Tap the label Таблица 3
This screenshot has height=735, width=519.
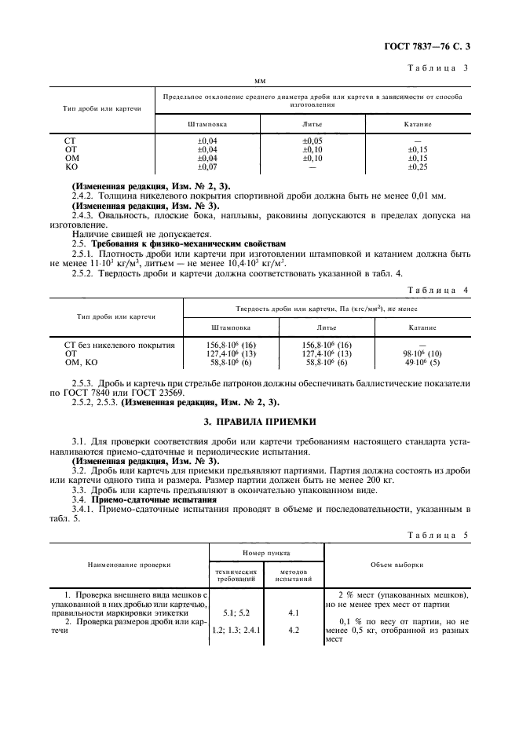pos(439,68)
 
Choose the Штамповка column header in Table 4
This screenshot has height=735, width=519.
pos(231,327)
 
